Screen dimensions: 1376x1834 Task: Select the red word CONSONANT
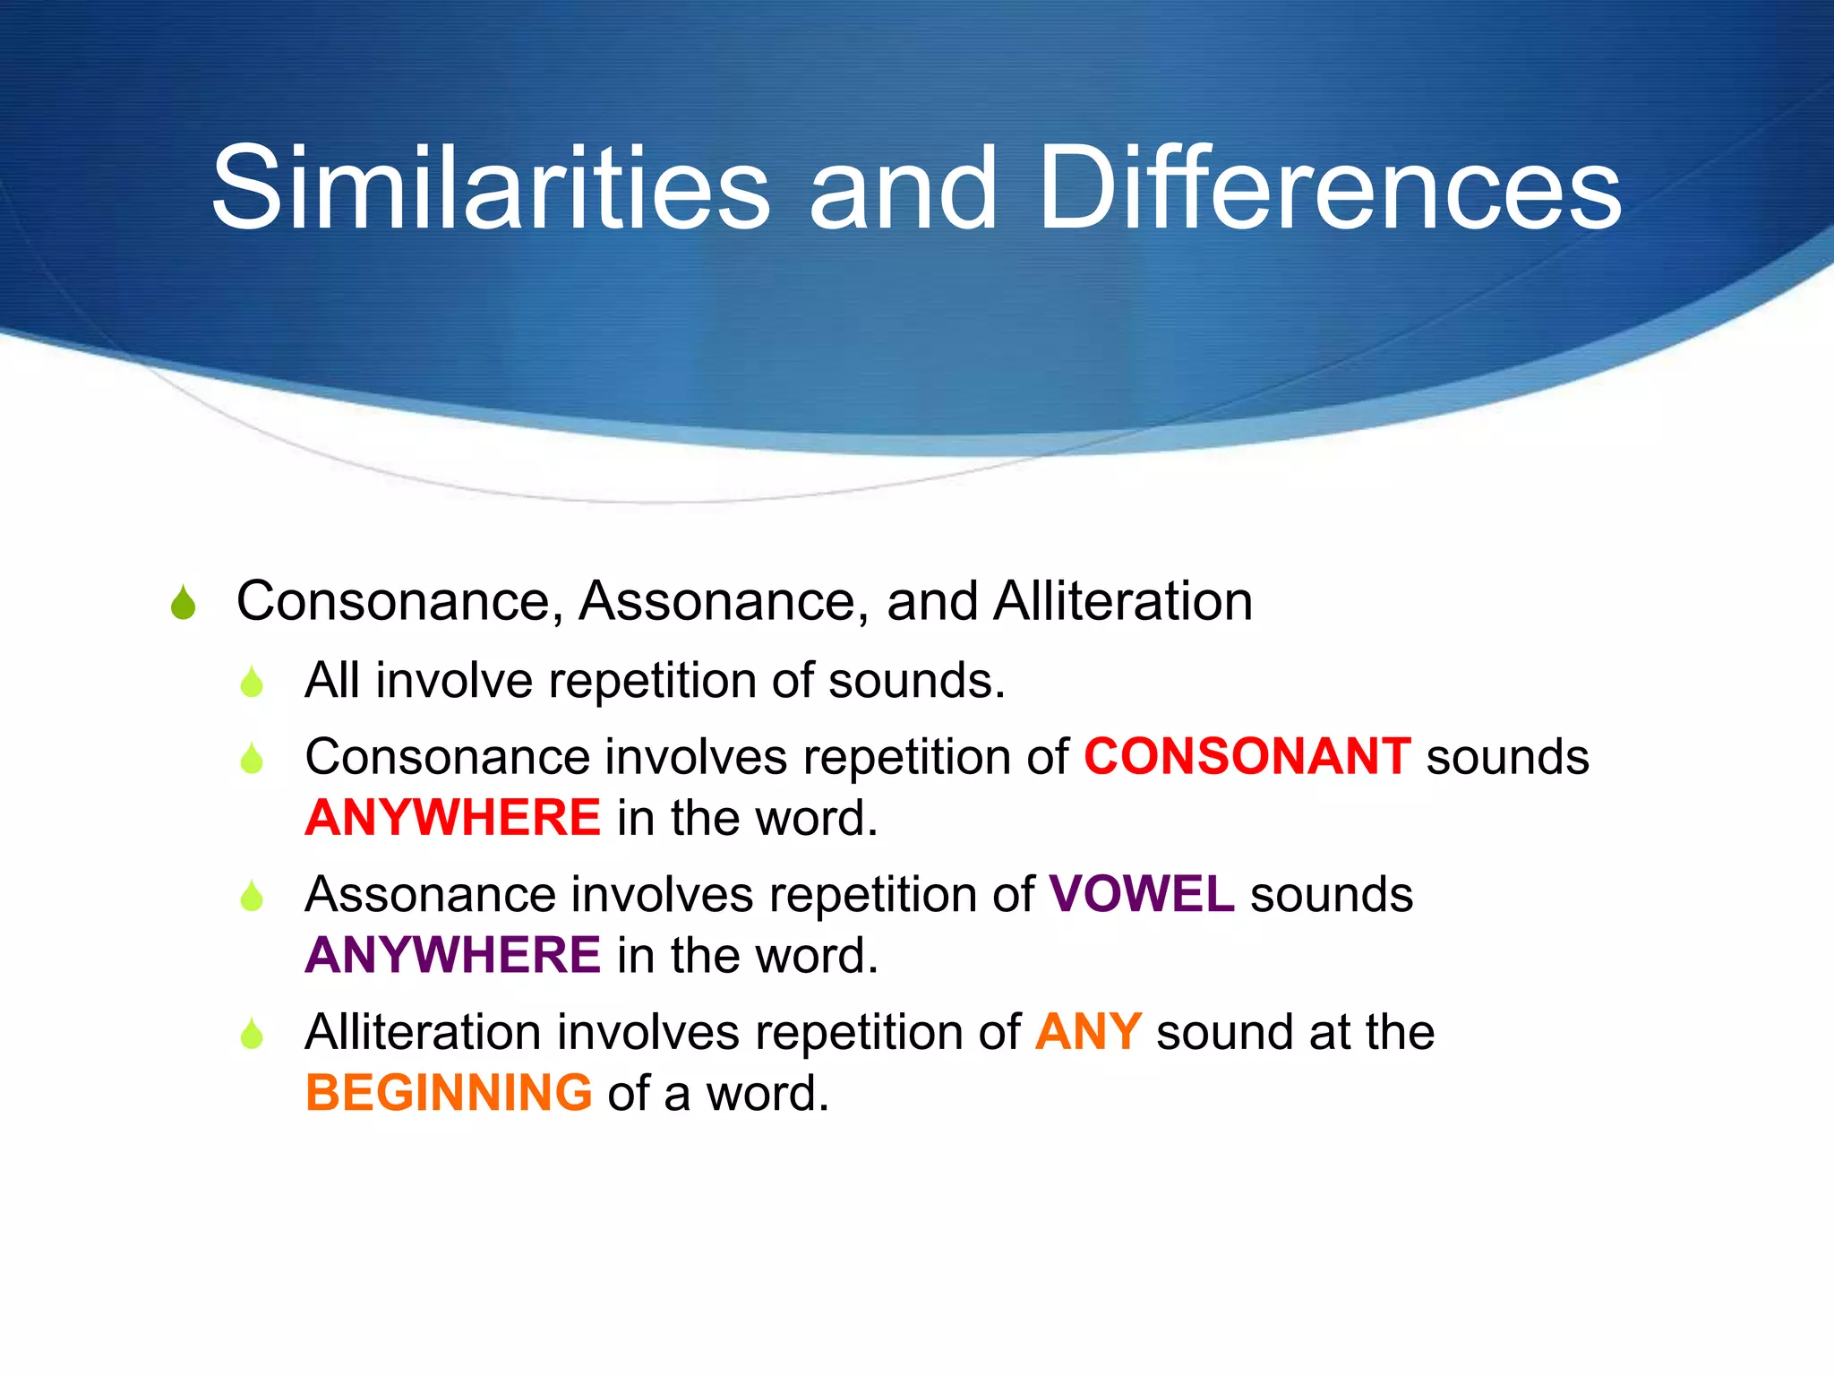point(1247,756)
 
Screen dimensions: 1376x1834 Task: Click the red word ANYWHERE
point(452,818)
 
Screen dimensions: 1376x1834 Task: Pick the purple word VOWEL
point(1141,894)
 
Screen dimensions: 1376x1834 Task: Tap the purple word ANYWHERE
point(452,955)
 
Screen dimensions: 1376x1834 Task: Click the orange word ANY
point(1087,1032)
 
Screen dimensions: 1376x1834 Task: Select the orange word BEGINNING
point(448,1093)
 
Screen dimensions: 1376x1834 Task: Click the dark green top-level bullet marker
point(183,603)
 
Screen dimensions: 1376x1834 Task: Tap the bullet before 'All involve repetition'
point(252,683)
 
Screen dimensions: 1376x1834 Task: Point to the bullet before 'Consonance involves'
point(252,759)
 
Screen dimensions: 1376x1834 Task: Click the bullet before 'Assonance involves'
point(252,897)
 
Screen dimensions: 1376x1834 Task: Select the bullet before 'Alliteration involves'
point(252,1035)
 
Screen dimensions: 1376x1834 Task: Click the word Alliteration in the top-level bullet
point(1122,600)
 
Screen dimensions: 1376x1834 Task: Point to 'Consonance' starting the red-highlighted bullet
point(448,757)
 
